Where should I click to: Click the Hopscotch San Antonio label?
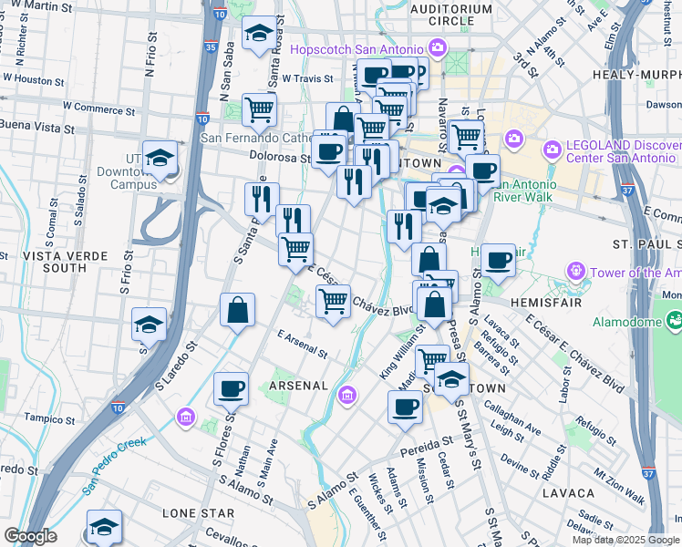[357, 48]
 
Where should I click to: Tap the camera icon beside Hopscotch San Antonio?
[437, 46]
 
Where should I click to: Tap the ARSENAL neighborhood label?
[298, 386]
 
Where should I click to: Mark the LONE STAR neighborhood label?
[192, 514]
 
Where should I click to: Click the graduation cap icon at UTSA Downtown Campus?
[160, 159]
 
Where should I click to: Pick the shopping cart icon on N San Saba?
[260, 109]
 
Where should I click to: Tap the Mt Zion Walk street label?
[619, 488]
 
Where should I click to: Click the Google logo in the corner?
[31, 536]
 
